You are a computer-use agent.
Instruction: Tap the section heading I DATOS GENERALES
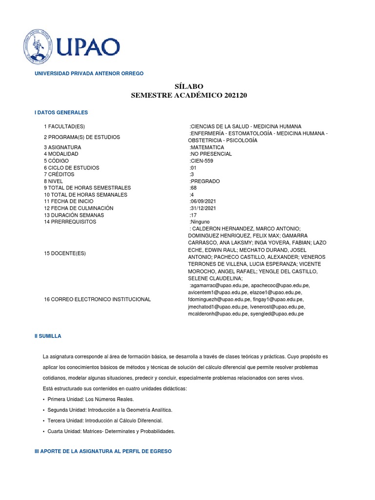click(x=61, y=112)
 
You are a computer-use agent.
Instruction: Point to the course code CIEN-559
click(x=202, y=161)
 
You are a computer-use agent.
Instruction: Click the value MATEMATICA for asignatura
click(x=207, y=147)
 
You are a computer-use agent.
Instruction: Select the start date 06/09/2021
click(x=203, y=201)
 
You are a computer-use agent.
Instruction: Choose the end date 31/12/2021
click(x=203, y=208)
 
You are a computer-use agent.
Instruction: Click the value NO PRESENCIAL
click(x=210, y=154)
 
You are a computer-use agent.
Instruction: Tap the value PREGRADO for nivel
click(x=205, y=181)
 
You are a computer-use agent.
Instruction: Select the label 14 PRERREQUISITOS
click(x=70, y=222)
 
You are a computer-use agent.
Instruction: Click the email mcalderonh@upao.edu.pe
click(x=217, y=314)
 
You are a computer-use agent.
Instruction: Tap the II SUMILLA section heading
click(x=48, y=336)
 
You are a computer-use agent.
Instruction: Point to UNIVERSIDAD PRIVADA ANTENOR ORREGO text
click(x=89, y=73)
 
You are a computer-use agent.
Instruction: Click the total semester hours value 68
click(x=193, y=188)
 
